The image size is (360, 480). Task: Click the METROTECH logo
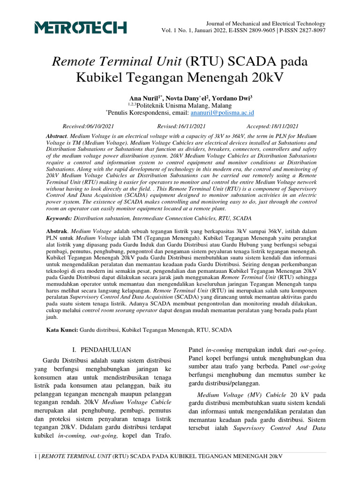click(80, 28)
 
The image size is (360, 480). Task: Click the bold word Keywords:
click(59, 218)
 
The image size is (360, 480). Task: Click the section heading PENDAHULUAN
click(105, 350)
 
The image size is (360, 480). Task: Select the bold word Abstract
click(57, 135)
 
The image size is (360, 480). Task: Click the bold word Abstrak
click(56, 232)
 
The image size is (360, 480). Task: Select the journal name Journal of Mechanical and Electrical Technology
click(266, 23)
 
